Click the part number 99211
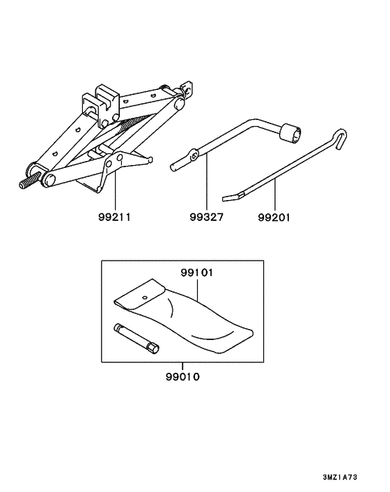pos(114,217)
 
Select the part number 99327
pos(207,217)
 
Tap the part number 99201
pos(274,217)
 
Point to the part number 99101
pos(197,272)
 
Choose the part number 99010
pos(182,376)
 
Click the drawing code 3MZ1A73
pos(340,477)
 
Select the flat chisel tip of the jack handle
pos(233,197)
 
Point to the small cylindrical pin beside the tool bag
pos(136,339)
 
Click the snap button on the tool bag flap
pos(145,297)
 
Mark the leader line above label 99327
pos(207,182)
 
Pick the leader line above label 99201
pos(275,194)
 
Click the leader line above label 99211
pos(115,190)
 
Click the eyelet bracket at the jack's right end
pos(187,89)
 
